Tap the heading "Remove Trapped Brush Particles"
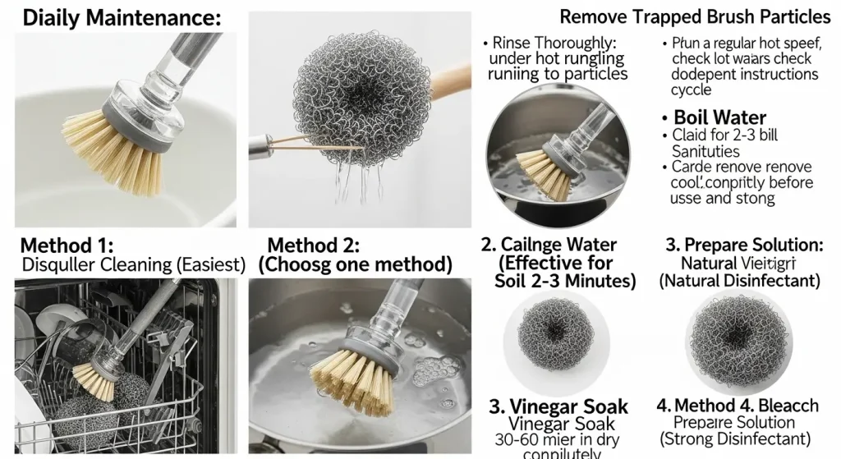click(695, 16)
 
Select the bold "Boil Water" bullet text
click(719, 117)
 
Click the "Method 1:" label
click(67, 245)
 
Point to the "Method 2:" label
click(315, 245)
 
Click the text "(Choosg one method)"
click(356, 264)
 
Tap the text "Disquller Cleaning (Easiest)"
click(134, 264)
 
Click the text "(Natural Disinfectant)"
click(740, 281)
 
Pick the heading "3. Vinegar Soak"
click(558, 406)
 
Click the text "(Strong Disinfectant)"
click(734, 439)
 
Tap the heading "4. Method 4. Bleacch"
click(738, 406)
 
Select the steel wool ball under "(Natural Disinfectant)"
click(738, 342)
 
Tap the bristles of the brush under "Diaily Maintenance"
click(110, 158)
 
